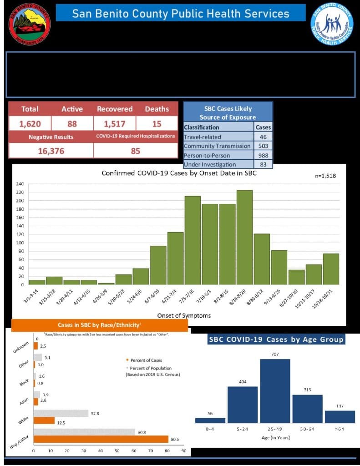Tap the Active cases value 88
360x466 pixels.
point(72,123)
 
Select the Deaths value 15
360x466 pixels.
point(157,123)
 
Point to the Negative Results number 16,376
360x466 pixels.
point(51,151)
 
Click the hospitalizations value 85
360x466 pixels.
point(136,151)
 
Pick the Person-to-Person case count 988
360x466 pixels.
point(264,155)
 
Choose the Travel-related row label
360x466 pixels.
point(203,137)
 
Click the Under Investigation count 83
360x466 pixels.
point(264,164)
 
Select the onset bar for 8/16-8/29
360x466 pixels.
point(244,237)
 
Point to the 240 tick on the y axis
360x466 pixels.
point(20,184)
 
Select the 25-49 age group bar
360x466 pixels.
point(275,391)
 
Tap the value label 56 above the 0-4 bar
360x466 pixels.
point(210,413)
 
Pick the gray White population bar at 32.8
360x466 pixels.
point(61,413)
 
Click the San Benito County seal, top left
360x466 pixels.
point(30,24)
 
